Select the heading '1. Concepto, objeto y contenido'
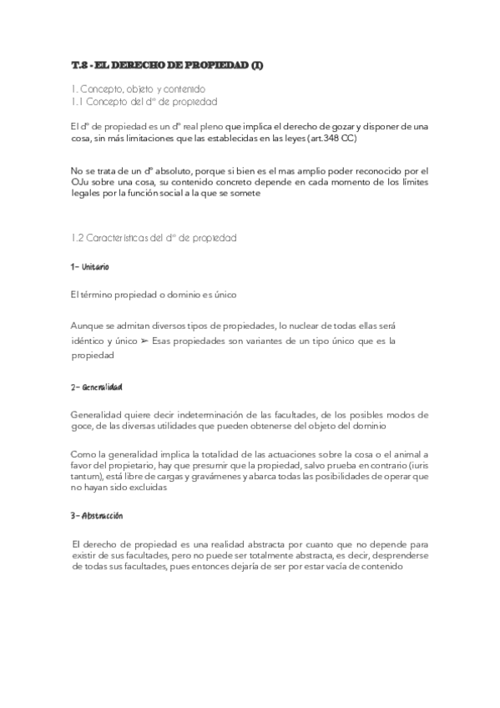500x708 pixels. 138,88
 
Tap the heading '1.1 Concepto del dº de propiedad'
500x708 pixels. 144,101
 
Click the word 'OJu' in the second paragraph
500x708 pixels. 83,182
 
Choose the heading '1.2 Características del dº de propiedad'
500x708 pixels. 154,237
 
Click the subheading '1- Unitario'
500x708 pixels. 90,266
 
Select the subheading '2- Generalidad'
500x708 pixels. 97,387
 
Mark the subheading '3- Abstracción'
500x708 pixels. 97,516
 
